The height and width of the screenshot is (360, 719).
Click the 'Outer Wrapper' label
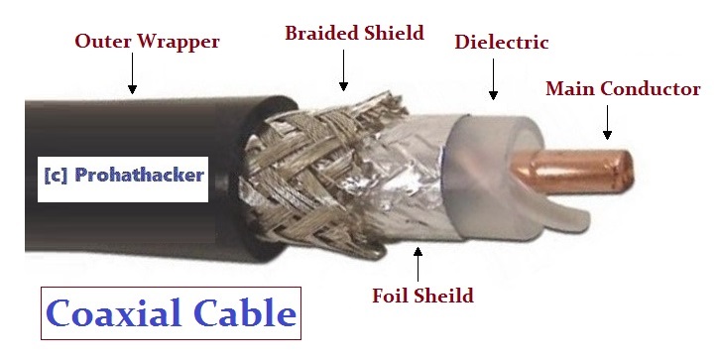pos(147,43)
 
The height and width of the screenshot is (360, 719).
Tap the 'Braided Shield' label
pos(354,33)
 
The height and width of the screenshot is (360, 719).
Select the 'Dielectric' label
pos(501,43)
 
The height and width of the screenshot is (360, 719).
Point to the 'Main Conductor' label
pos(623,89)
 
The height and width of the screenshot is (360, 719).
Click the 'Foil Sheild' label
pos(422,296)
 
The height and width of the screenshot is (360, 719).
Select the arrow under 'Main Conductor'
pos(608,123)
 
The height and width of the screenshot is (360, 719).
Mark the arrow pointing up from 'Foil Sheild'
pos(419,262)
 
